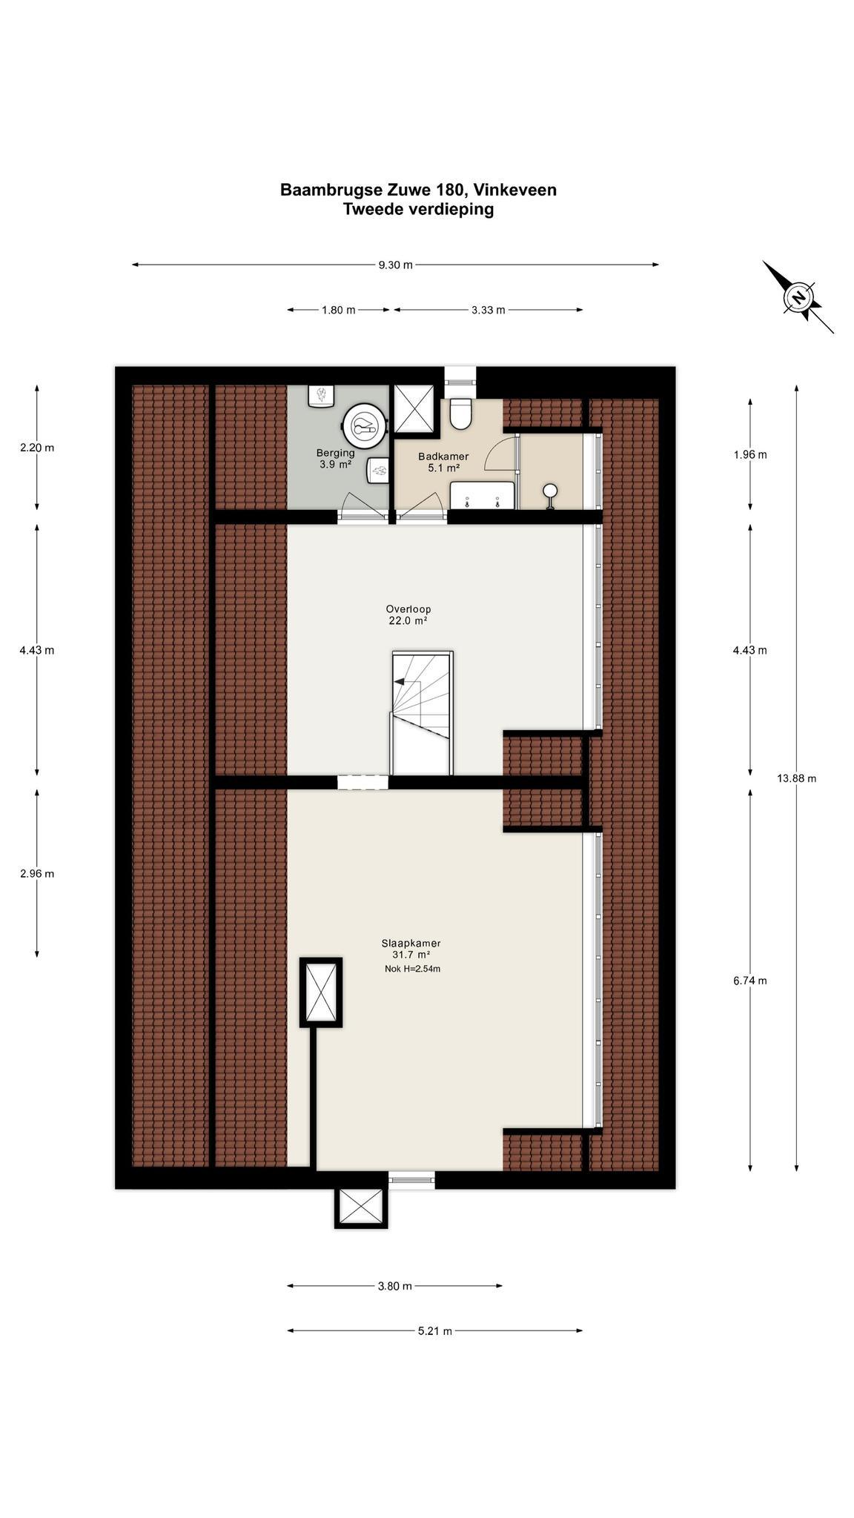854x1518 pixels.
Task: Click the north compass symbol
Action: pyautogui.click(x=798, y=297)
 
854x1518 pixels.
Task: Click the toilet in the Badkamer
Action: pyautogui.click(x=461, y=414)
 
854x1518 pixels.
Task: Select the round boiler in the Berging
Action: pyautogui.click(x=364, y=425)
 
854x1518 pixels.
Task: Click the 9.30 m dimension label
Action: pyautogui.click(x=395, y=265)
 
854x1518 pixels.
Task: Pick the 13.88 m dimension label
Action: pyautogui.click(x=796, y=778)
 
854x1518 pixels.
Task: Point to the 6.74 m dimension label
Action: pyautogui.click(x=750, y=981)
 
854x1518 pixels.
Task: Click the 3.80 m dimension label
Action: pyautogui.click(x=394, y=1286)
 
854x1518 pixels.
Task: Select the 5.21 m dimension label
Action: pyautogui.click(x=434, y=1331)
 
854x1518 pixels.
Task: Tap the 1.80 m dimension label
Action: pyautogui.click(x=338, y=310)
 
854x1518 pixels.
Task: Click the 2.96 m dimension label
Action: pyautogui.click(x=37, y=873)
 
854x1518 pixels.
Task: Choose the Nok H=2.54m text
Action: pyautogui.click(x=412, y=969)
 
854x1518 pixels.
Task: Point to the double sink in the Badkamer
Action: pyautogui.click(x=483, y=494)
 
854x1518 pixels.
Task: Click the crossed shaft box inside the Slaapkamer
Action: pyautogui.click(x=321, y=992)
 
